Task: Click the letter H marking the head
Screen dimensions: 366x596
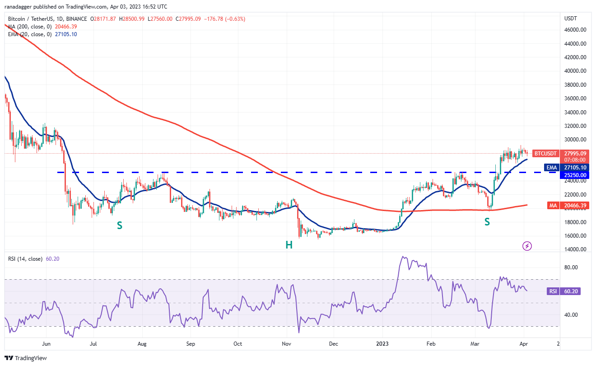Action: (x=289, y=245)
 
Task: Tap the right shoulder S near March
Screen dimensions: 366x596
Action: (x=487, y=221)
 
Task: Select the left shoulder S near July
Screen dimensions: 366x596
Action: (x=119, y=225)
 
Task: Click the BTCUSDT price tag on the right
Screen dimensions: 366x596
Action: (x=548, y=153)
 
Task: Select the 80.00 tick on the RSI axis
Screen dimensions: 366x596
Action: (x=571, y=267)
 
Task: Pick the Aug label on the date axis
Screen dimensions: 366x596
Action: (x=142, y=344)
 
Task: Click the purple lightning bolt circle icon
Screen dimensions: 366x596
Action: (x=527, y=246)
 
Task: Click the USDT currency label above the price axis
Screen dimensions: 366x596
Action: (x=571, y=19)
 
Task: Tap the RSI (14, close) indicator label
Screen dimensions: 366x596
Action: (x=26, y=259)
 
